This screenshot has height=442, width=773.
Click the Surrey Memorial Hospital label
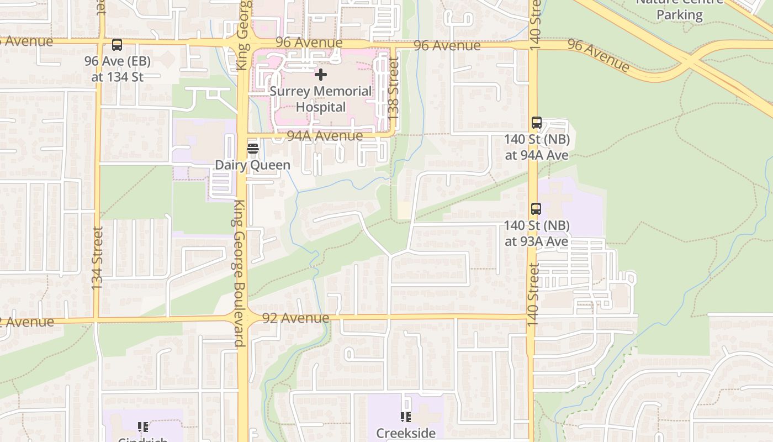(321, 99)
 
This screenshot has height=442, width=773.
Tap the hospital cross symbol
(321, 74)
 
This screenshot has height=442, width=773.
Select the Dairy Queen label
(252, 165)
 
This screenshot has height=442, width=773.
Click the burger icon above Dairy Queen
(253, 148)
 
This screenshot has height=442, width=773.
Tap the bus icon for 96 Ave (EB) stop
(117, 45)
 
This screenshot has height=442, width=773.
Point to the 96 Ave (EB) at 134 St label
(117, 69)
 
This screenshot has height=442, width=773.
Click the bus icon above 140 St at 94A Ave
(536, 123)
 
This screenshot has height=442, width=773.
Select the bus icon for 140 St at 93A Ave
(536, 209)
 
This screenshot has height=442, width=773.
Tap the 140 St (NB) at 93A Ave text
(536, 233)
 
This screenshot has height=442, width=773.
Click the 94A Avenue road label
(325, 135)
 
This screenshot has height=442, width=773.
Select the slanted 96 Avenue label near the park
(599, 55)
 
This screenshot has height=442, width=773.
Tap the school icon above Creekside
(406, 417)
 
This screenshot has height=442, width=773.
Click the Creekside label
(406, 433)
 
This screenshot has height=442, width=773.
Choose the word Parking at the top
(679, 14)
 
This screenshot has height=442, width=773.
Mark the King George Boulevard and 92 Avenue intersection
(243, 319)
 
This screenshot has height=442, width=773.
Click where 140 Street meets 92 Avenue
(531, 317)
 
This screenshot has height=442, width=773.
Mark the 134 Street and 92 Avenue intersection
(97, 320)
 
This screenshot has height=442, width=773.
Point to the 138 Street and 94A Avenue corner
(393, 134)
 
